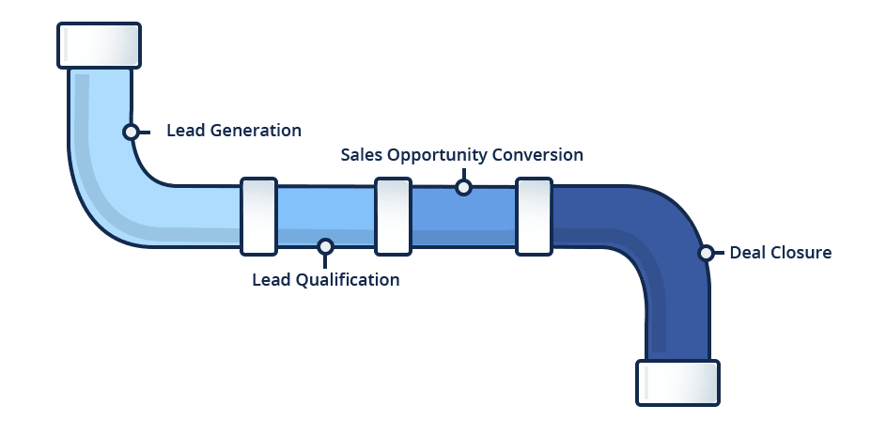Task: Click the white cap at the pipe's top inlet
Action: [99, 45]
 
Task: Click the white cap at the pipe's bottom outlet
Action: [677, 382]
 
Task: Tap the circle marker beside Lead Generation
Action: [131, 132]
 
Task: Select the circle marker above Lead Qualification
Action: [325, 247]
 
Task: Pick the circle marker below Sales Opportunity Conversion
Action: [462, 187]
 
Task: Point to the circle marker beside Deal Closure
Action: [706, 253]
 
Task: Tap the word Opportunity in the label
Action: [433, 154]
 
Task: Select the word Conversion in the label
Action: [538, 154]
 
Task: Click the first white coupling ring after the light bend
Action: [257, 216]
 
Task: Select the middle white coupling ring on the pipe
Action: [392, 216]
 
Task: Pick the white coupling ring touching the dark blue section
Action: [533, 216]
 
